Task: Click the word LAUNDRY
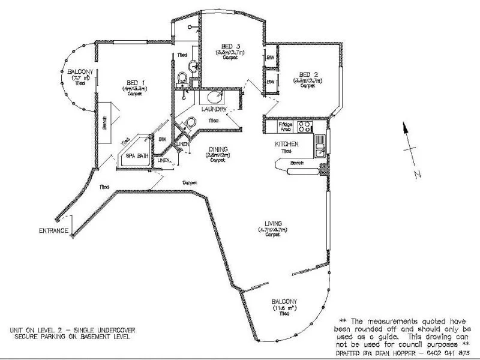(214, 109)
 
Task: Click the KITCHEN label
(286, 145)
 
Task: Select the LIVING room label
(272, 223)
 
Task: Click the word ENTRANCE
(53, 230)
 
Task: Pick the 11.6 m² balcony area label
(284, 308)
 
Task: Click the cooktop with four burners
(305, 127)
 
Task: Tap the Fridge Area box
(286, 126)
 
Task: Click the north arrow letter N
(415, 174)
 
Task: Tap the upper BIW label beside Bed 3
(270, 58)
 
